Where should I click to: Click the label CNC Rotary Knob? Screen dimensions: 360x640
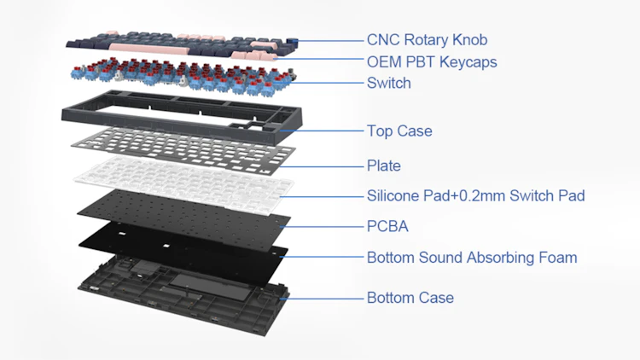tap(427, 40)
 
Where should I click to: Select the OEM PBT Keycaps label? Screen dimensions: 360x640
tap(431, 61)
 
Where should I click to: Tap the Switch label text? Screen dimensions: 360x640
tap(388, 83)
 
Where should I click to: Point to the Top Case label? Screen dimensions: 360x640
tap(399, 131)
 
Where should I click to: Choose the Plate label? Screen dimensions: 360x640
tap(383, 165)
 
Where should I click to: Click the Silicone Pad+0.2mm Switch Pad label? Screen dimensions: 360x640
tap(475, 195)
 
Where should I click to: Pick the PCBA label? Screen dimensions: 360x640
tap(387, 226)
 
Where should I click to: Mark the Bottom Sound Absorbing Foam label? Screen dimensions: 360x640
tap(471, 257)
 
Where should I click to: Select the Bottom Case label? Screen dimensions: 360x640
tap(410, 298)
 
